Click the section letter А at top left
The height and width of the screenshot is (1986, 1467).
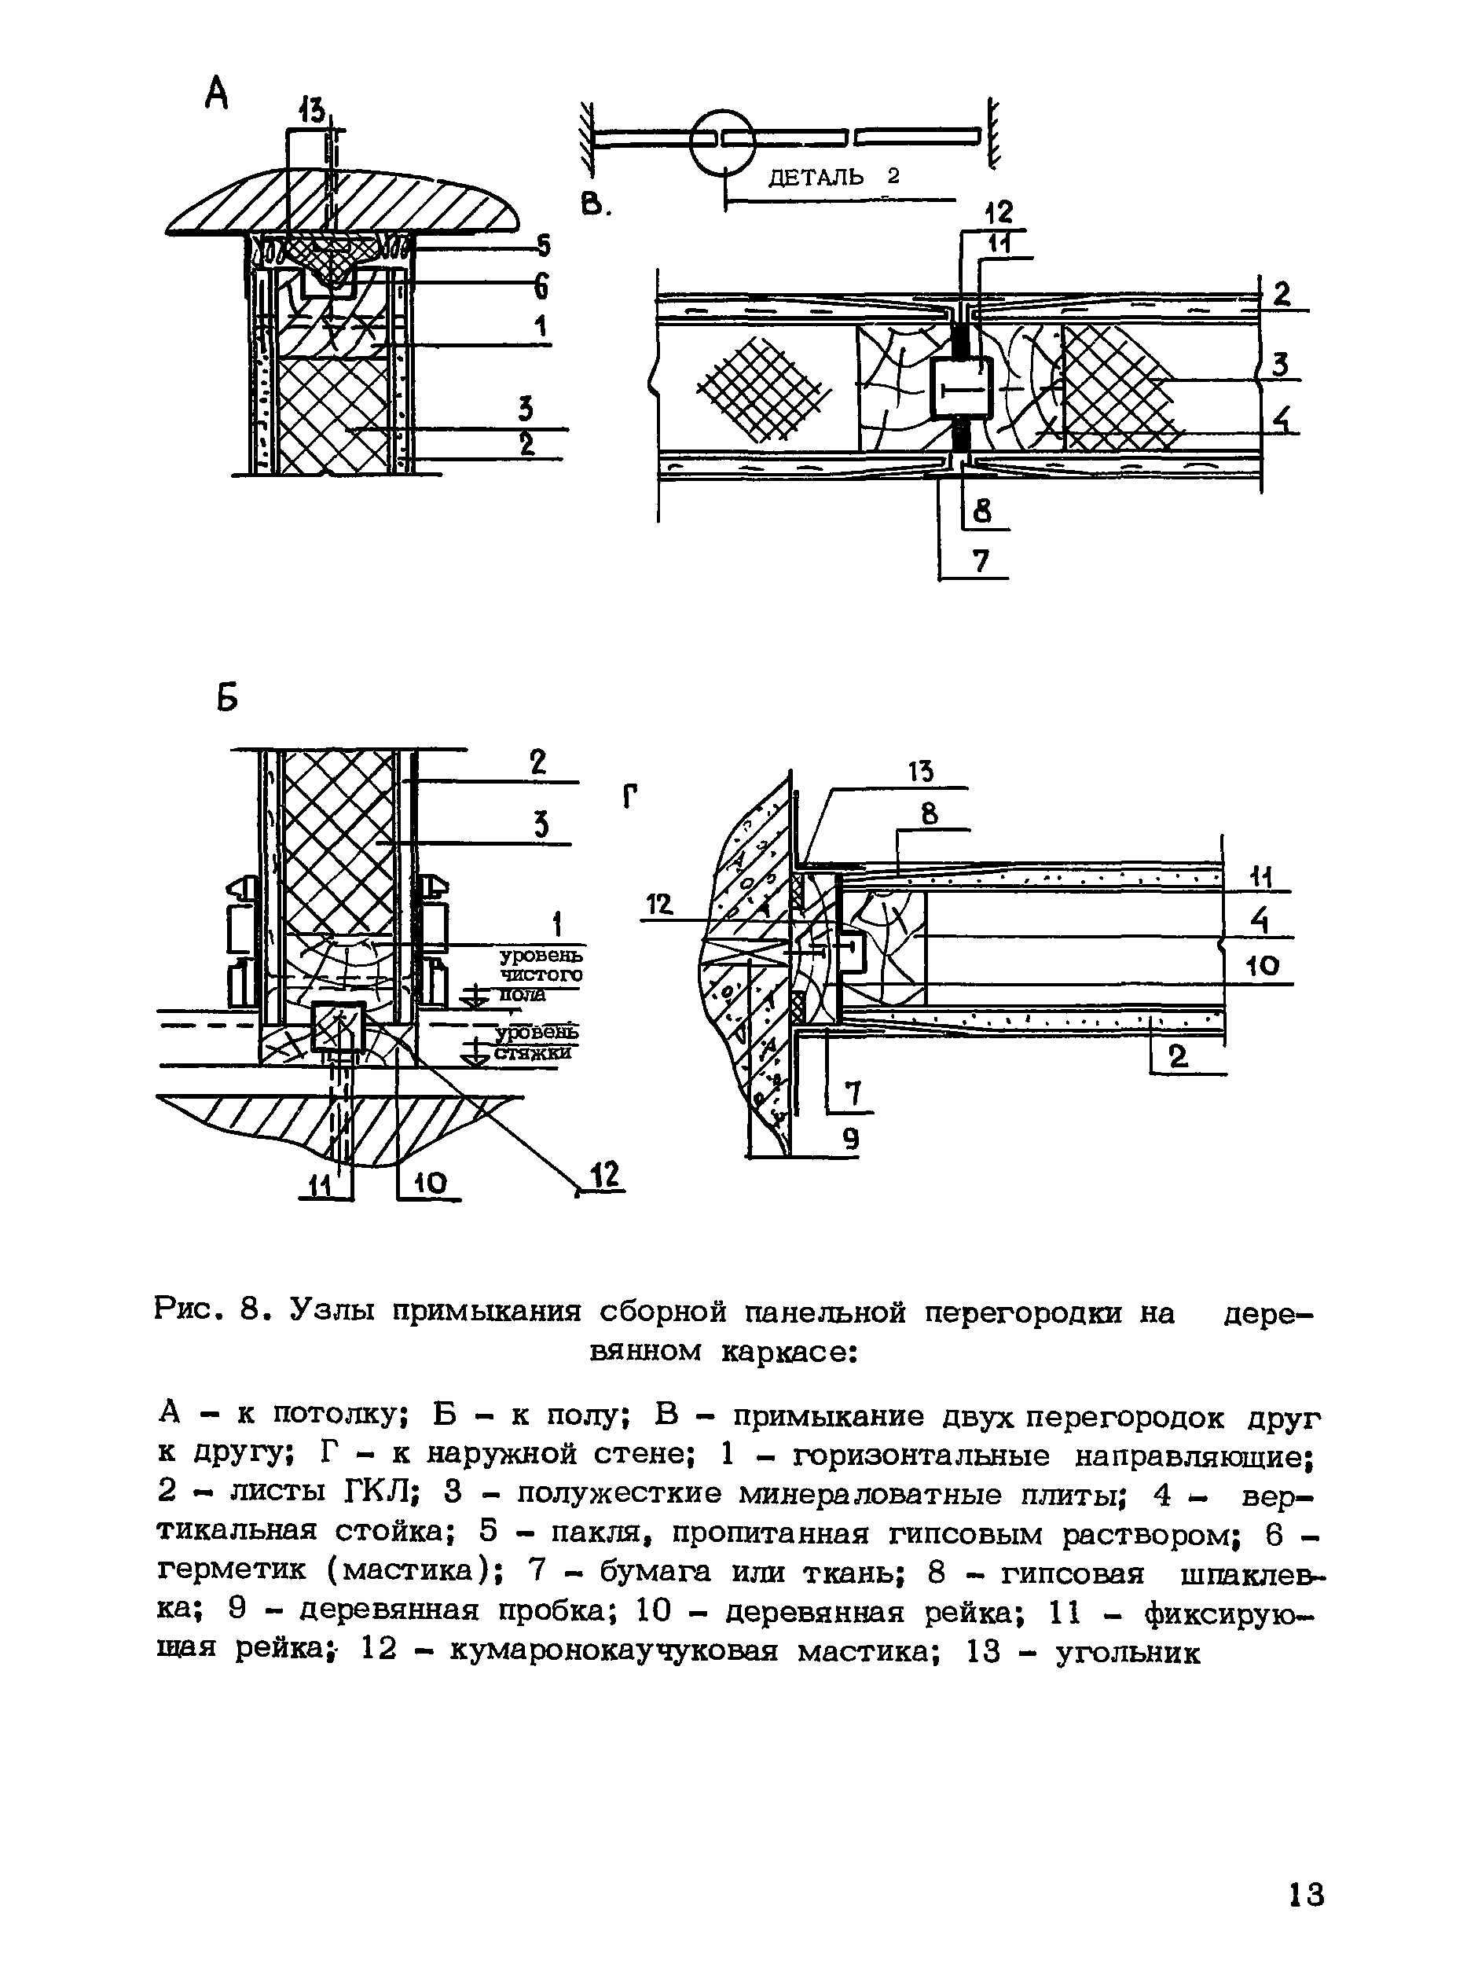pyautogui.click(x=216, y=94)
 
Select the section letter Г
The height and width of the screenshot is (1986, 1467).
pyautogui.click(x=630, y=798)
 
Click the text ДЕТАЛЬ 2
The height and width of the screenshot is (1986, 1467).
pyautogui.click(x=833, y=178)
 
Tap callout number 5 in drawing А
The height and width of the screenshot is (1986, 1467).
pyautogui.click(x=543, y=245)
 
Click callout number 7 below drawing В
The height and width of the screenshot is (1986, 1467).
pyautogui.click(x=981, y=560)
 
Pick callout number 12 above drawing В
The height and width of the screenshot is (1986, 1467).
pyautogui.click(x=999, y=212)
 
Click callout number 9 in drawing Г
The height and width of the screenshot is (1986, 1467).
pyautogui.click(x=851, y=1139)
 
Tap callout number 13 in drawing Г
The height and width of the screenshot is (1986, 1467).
pyautogui.click(x=921, y=772)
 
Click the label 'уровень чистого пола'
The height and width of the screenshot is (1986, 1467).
pyautogui.click(x=540, y=975)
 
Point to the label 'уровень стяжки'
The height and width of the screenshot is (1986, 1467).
pyautogui.click(x=534, y=1042)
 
